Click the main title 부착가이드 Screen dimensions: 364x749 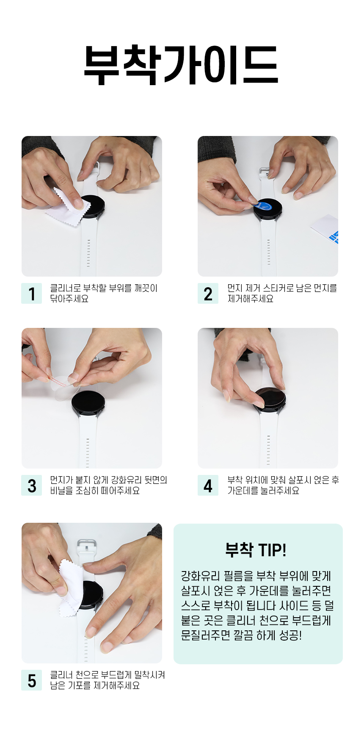click(181, 65)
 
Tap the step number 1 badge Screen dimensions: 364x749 click(32, 294)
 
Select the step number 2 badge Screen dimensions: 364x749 click(208, 294)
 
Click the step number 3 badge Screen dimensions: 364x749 click(32, 485)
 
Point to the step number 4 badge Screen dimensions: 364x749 click(208, 485)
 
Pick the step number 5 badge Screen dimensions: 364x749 click(32, 680)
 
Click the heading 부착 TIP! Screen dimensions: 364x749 click(256, 550)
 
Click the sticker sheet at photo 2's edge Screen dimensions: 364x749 click(325, 229)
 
